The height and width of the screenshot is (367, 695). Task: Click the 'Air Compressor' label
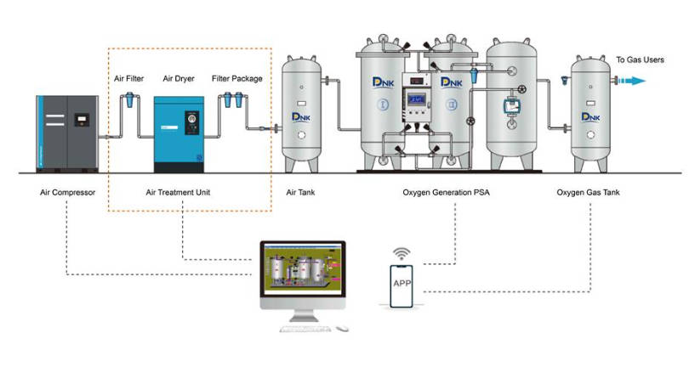[x=67, y=193]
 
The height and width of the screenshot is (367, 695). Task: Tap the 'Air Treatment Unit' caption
[x=178, y=193]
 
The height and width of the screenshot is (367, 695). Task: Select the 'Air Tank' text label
[x=300, y=193]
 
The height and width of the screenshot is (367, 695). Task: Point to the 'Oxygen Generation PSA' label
[x=446, y=193]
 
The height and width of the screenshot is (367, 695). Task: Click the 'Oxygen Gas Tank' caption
[x=588, y=193]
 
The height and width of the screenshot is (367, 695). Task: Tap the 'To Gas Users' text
[x=640, y=59]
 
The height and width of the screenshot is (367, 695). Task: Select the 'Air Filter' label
[x=128, y=79]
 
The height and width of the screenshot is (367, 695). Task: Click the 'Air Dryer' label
[x=179, y=79]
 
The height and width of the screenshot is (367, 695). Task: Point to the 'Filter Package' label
[x=237, y=79]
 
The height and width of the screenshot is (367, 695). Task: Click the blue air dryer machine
[x=179, y=134]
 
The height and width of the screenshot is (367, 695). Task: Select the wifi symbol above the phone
[x=402, y=254]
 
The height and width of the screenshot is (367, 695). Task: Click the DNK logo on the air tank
[x=299, y=115]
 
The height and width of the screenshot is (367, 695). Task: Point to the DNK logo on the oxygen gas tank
[x=587, y=115]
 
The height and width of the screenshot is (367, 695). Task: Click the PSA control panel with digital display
[x=419, y=101]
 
